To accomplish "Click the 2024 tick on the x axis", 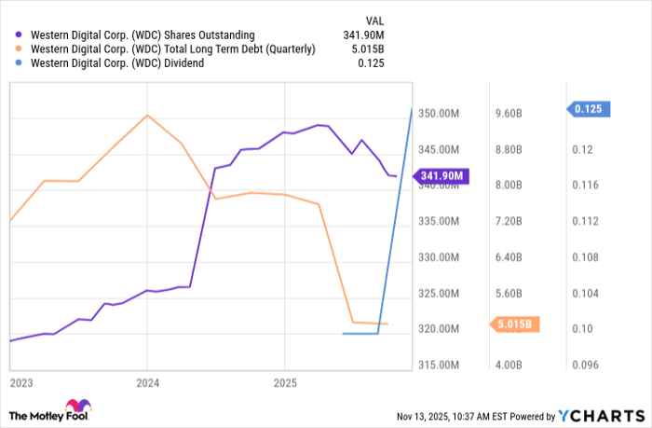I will (x=147, y=382).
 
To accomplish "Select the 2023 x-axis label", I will (x=20, y=382).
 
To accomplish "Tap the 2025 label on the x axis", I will (x=284, y=382).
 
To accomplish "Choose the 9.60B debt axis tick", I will (x=508, y=114).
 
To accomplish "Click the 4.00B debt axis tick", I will (x=508, y=365).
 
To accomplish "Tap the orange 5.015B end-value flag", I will (x=513, y=324).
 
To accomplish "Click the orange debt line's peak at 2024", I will (x=147, y=115).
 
